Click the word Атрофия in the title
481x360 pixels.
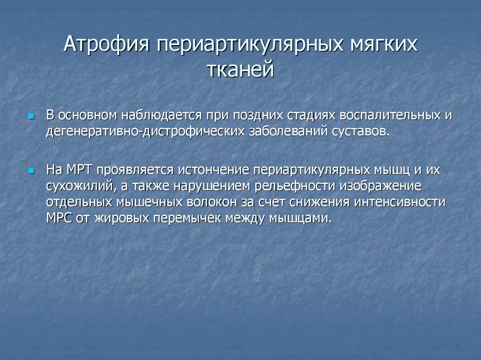(107, 44)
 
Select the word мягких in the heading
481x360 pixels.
(384, 44)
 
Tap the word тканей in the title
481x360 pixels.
(240, 69)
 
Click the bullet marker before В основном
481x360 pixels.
(31, 116)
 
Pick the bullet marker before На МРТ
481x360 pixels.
(31, 171)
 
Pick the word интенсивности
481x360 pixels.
(399, 202)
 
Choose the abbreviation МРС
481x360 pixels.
(59, 218)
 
